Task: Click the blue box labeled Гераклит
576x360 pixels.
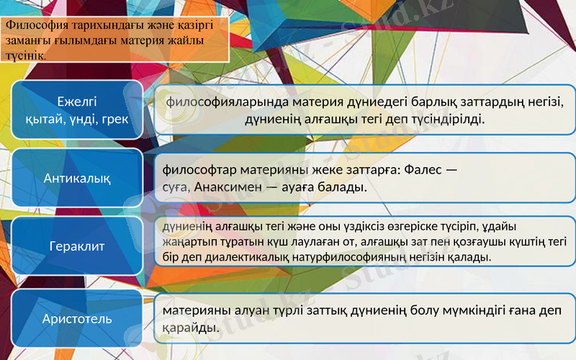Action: pyautogui.click(x=77, y=246)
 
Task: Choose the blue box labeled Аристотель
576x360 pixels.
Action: pyautogui.click(x=77, y=318)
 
